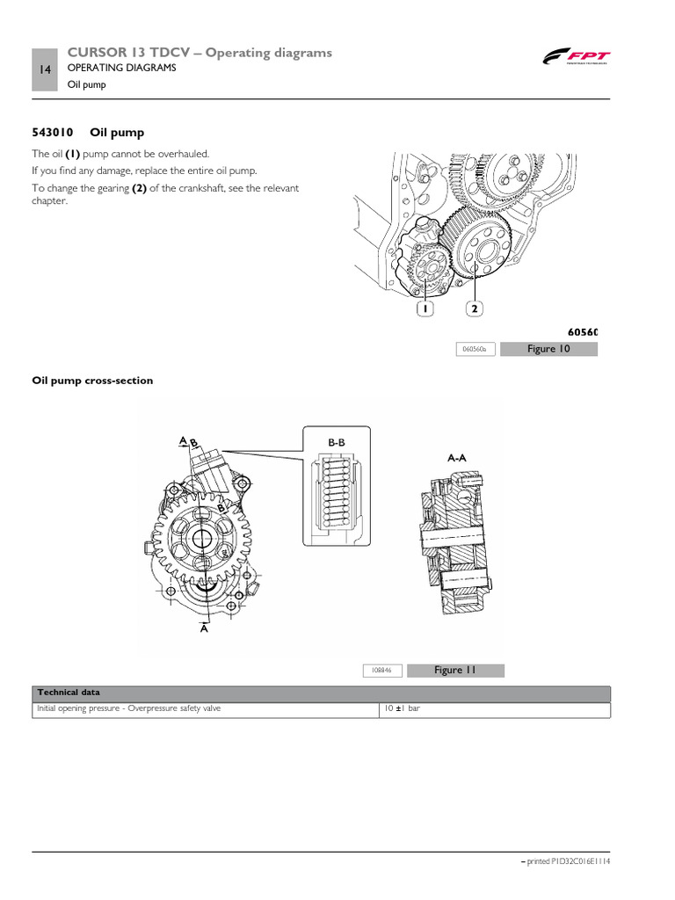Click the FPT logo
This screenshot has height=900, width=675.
click(575, 59)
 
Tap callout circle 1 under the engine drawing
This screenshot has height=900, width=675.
click(424, 308)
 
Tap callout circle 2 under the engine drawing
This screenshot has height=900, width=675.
click(475, 308)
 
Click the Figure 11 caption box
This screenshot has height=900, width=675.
click(455, 670)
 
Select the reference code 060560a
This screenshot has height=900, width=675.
click(475, 349)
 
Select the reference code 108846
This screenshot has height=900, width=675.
click(382, 671)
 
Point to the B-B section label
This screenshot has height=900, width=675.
click(337, 443)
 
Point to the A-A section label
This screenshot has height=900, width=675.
click(457, 458)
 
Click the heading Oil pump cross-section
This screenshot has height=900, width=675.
click(92, 381)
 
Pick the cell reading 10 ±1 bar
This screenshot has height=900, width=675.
click(402, 708)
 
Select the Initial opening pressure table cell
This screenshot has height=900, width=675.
click(127, 708)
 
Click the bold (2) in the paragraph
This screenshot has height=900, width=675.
click(139, 188)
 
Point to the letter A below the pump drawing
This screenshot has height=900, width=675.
click(204, 628)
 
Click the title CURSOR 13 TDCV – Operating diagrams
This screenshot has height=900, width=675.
click(200, 53)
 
